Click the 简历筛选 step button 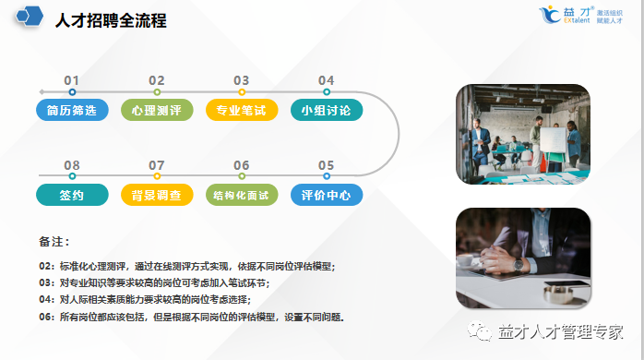coord(72,111)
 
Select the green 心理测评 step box coord(157,111)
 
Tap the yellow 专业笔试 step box coord(242,111)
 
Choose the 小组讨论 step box coord(326,111)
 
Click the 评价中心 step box coord(326,195)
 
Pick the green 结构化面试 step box coord(242,195)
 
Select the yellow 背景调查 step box coord(157,195)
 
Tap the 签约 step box coord(72,195)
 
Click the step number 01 coord(72,80)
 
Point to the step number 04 coord(326,80)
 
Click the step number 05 coord(326,165)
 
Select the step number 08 coord(72,165)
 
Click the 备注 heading coord(54,242)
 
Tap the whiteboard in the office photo coord(552,140)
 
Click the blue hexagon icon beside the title coord(30,18)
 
